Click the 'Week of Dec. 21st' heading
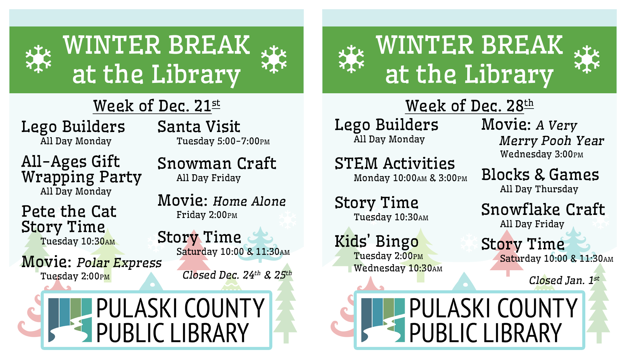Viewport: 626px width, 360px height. [x=156, y=106]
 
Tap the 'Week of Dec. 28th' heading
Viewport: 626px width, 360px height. [x=470, y=106]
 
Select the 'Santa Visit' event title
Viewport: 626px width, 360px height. [x=199, y=126]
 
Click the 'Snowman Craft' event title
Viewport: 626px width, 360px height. [x=217, y=163]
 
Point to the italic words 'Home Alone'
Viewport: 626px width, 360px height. [x=249, y=201]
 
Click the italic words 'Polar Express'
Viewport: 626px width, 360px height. [x=119, y=263]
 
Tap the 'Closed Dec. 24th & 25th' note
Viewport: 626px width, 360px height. [x=237, y=275]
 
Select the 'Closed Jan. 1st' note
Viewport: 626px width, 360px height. [x=564, y=280]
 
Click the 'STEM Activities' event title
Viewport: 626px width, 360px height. [x=395, y=163]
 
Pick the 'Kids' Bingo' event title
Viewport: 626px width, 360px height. [x=376, y=241]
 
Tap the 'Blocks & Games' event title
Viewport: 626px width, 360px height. [x=540, y=175]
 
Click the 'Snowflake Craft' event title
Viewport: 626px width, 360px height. [x=543, y=209]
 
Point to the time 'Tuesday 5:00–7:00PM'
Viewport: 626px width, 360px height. [x=223, y=141]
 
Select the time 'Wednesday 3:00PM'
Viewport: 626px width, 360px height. [x=542, y=154]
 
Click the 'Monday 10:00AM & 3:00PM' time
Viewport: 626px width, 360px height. [x=410, y=178]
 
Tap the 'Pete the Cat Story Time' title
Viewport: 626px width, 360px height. [x=69, y=219]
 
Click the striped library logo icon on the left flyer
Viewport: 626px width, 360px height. [x=70, y=320]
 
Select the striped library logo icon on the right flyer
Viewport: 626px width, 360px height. [x=383, y=320]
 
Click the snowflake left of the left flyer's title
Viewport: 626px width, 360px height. [x=38, y=59]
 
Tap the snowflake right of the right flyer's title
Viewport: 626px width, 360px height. [x=587, y=59]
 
